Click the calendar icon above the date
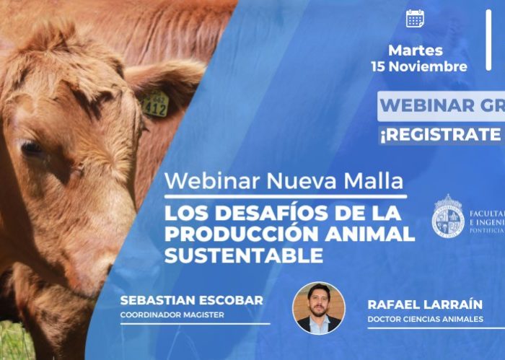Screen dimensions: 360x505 [x=415, y=19]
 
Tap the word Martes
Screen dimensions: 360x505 [x=416, y=51]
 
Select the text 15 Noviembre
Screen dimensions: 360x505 [x=419, y=67]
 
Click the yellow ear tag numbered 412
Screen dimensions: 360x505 [x=155, y=105]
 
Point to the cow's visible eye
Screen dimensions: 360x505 [x=32, y=149]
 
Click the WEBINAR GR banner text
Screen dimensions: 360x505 [x=440, y=105]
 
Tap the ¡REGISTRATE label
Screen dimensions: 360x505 [x=440, y=135]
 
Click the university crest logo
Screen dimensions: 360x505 [x=447, y=216]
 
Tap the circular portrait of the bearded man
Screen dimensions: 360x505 [x=318, y=307]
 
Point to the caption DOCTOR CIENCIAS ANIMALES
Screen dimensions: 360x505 [x=425, y=319]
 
